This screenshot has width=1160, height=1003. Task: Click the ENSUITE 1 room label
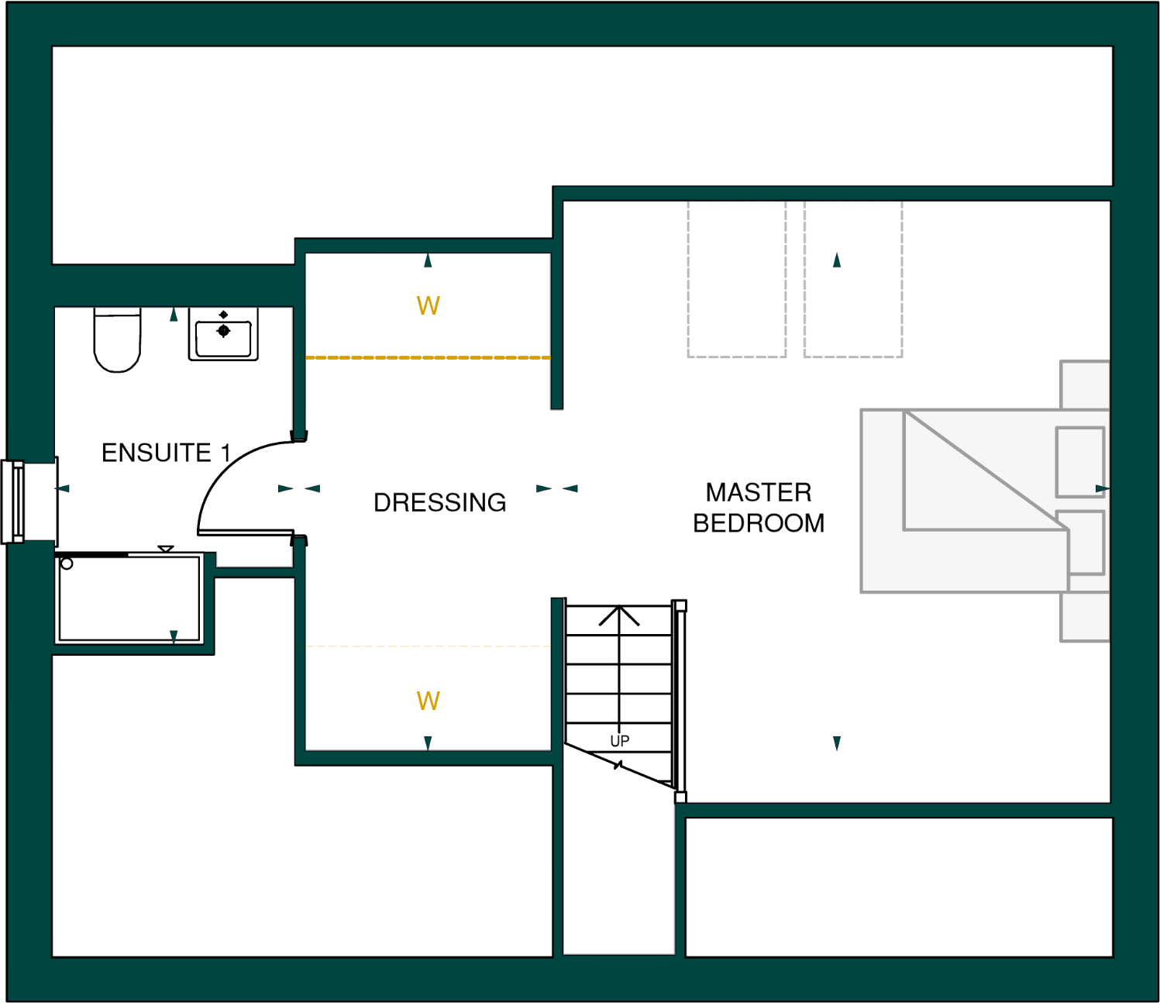point(166,453)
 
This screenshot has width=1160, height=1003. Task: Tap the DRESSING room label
point(439,502)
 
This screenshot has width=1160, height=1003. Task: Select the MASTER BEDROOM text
point(758,508)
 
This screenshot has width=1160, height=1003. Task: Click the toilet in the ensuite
point(117,341)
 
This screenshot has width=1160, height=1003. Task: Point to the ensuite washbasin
point(223,335)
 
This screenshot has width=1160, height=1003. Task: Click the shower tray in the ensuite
point(129,598)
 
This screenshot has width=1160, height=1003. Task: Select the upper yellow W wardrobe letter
point(428,306)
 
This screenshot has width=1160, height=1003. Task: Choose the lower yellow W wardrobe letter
point(428,701)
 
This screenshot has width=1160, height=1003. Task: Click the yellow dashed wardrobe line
point(428,357)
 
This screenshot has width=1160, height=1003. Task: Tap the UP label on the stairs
point(619,741)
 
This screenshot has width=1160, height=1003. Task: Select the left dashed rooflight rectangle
point(736,279)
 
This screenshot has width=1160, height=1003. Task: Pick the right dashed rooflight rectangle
point(852,279)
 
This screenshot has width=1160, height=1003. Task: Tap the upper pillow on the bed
point(1080,462)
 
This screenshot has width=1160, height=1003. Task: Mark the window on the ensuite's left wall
point(14,502)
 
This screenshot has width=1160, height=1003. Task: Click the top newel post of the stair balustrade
point(680,605)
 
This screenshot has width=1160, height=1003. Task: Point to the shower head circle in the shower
point(67,564)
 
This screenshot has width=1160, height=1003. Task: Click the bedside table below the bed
point(1085,617)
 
